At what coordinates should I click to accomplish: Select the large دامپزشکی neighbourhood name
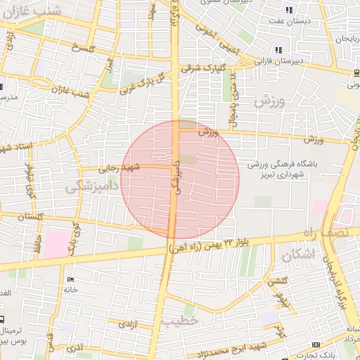[89, 187]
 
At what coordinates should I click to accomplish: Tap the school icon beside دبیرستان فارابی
[279, 50]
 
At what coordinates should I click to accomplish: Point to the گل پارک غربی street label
[145, 82]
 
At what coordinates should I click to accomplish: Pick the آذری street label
[73, 347]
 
